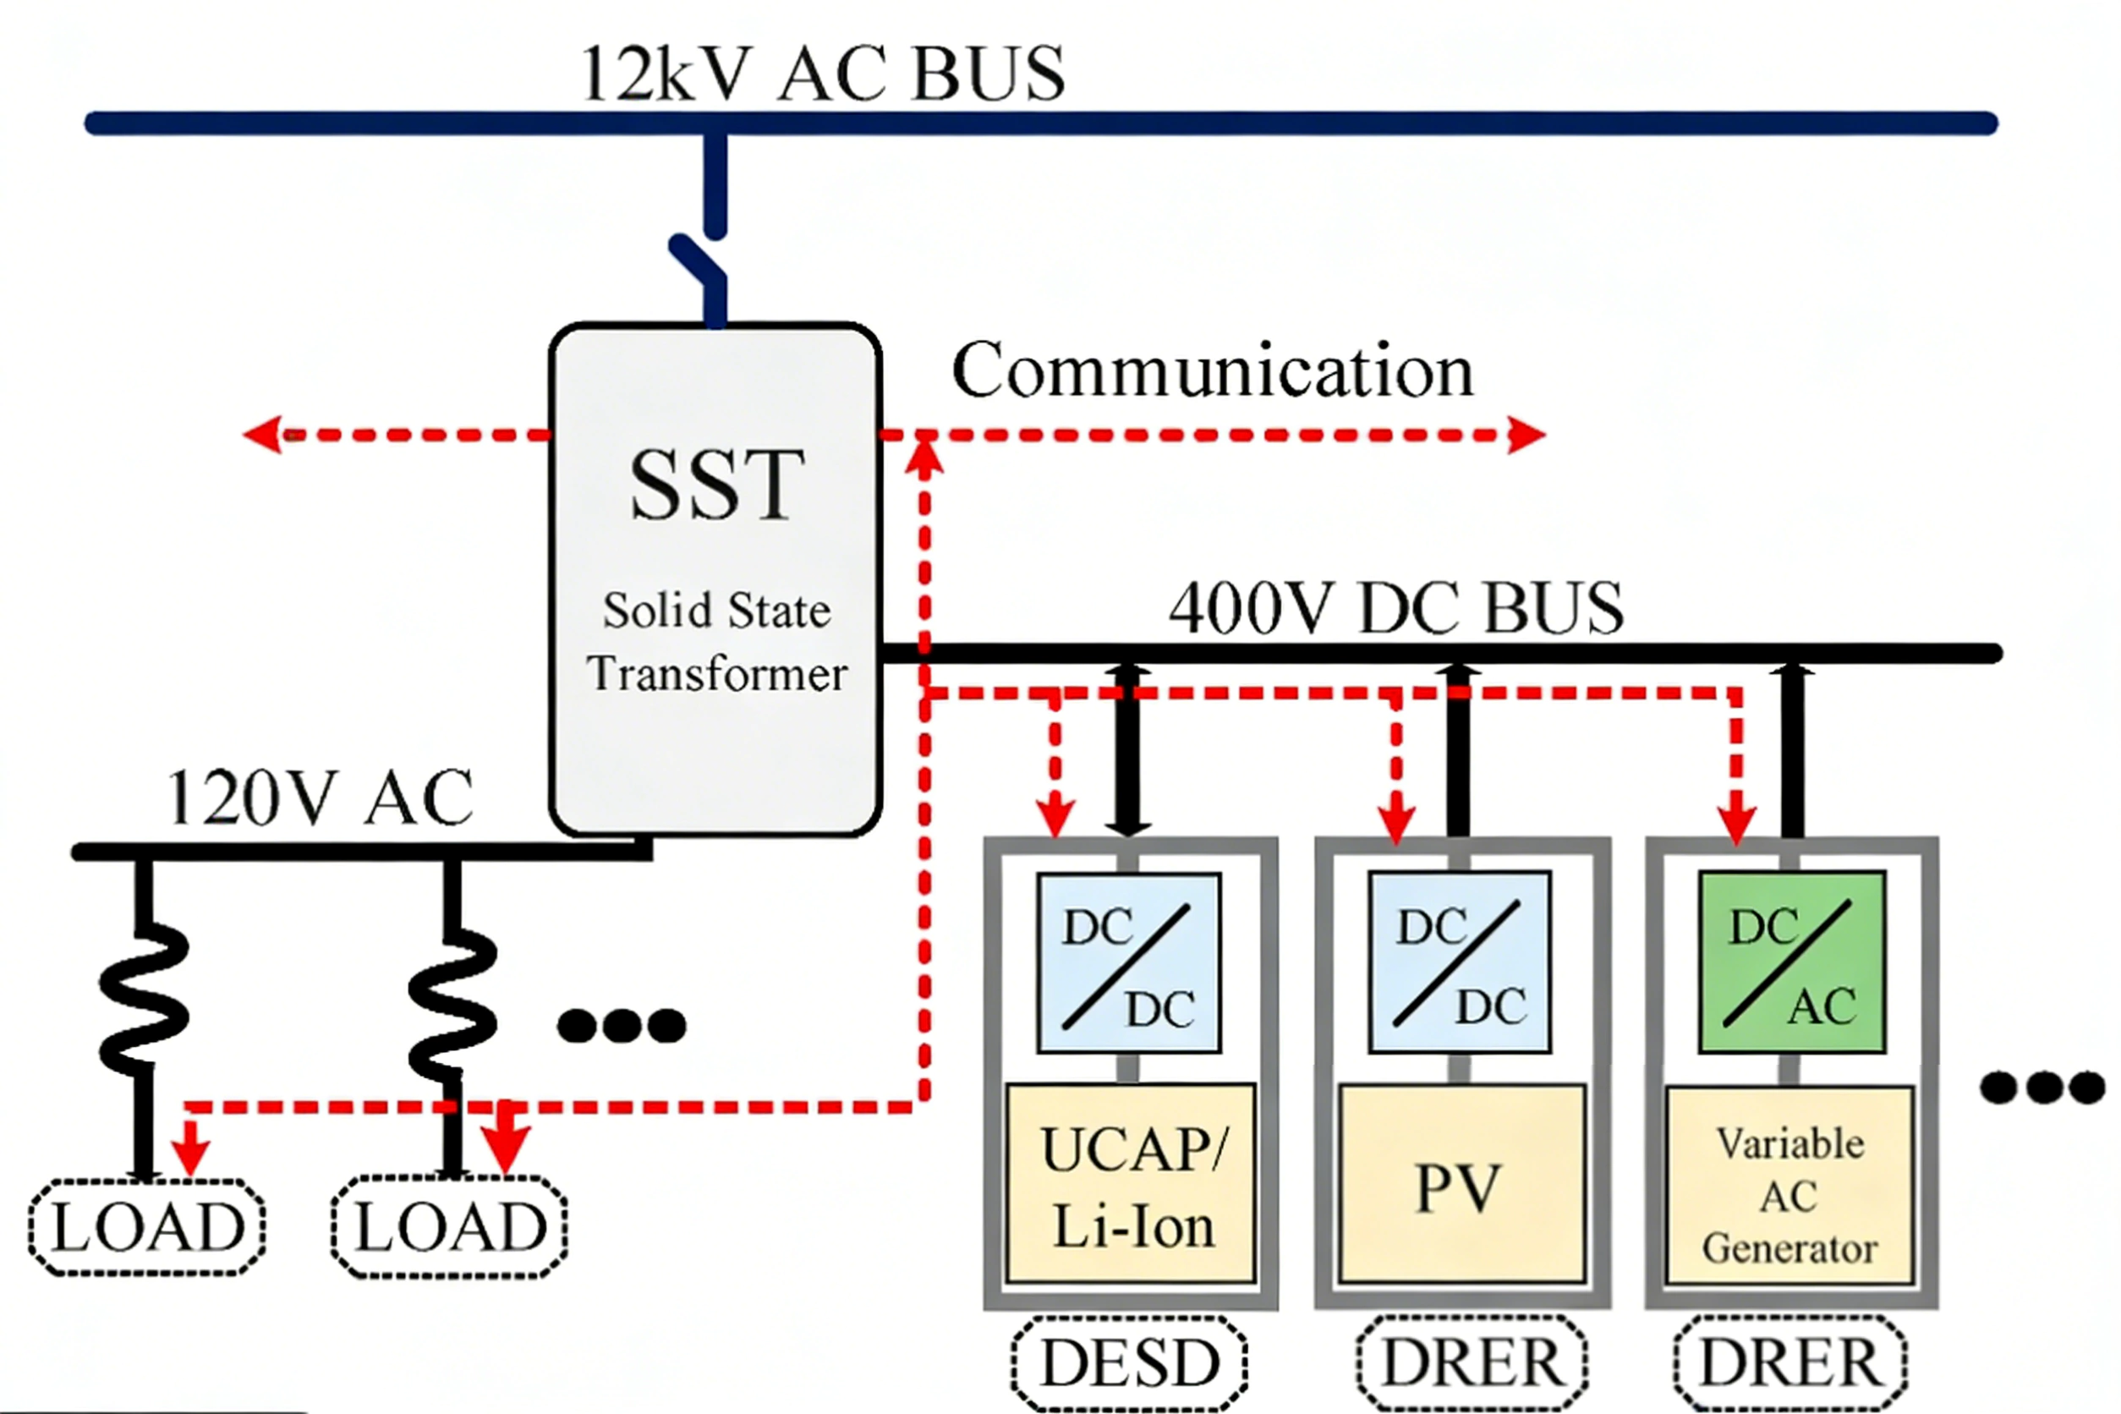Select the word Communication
pyautogui.click(x=1212, y=370)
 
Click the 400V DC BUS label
pyautogui.click(x=1396, y=608)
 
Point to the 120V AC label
pyautogui.click(x=321, y=798)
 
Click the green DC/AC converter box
pyautogui.click(x=1791, y=962)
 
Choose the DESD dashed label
pyautogui.click(x=1129, y=1362)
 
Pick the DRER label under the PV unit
pyautogui.click(x=1472, y=1362)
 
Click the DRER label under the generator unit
pyautogui.click(x=1790, y=1362)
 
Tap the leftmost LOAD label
pyautogui.click(x=148, y=1227)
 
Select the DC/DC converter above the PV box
pyautogui.click(x=1459, y=962)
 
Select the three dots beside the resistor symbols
pyautogui.click(x=622, y=1025)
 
